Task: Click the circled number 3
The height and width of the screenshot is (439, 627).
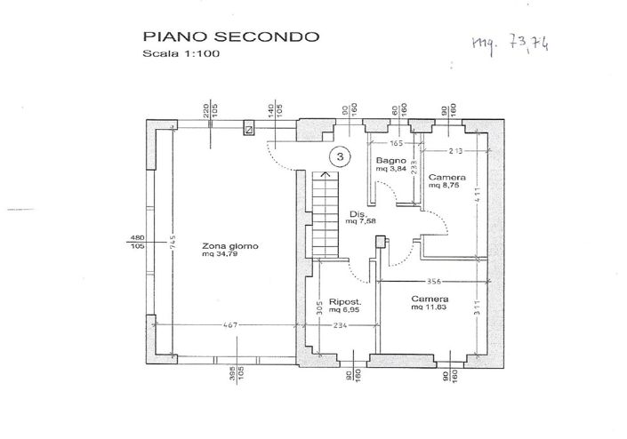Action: point(340,156)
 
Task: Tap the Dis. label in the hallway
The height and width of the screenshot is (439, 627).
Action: point(358,214)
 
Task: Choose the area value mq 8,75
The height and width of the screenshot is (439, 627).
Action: point(443,186)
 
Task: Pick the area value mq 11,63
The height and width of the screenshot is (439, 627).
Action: point(429,308)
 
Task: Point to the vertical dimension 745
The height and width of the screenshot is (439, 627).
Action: point(173,240)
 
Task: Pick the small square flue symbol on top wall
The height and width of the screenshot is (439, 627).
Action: point(249,130)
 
